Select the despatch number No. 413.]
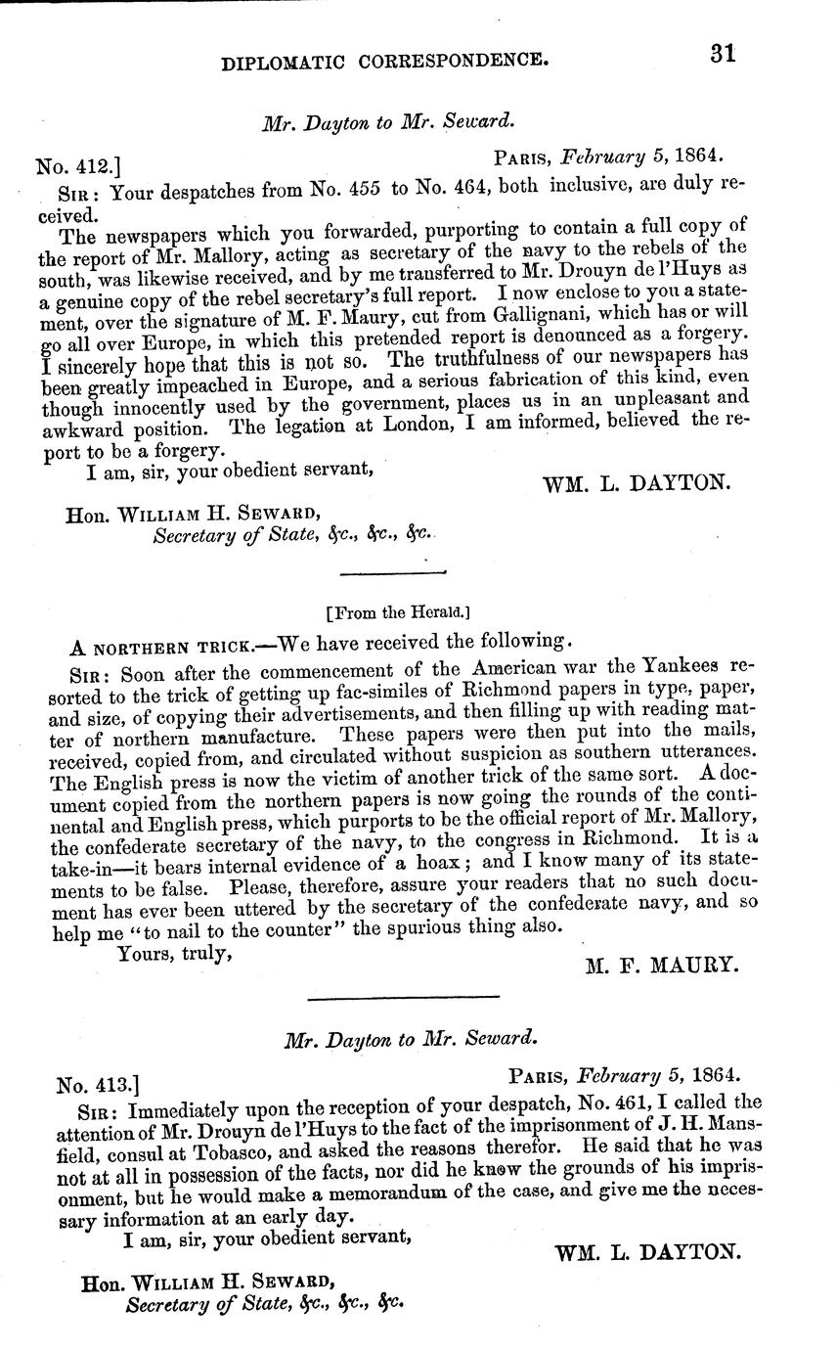coord(98,1085)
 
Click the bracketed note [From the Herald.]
coord(397,613)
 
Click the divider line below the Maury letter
coord(403,998)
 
